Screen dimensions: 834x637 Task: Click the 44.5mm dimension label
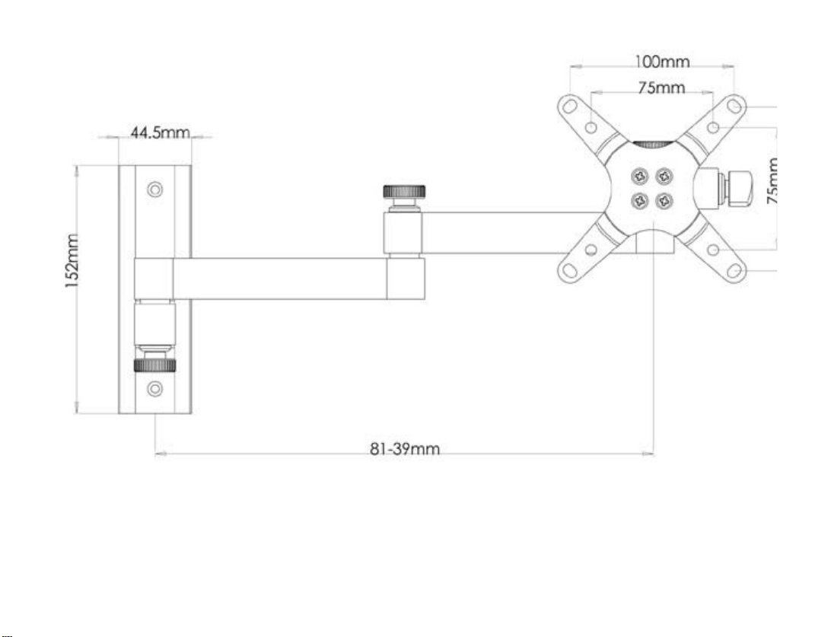click(x=160, y=132)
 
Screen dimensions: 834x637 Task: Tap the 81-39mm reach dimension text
click(x=405, y=449)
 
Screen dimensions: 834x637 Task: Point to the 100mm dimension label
click(x=662, y=62)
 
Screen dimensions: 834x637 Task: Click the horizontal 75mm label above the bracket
click(x=662, y=88)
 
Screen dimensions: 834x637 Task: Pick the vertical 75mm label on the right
click(x=773, y=181)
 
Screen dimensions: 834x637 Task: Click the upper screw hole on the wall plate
click(x=154, y=190)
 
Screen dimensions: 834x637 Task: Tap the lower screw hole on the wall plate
click(x=154, y=389)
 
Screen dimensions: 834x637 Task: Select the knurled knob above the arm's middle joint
click(x=404, y=192)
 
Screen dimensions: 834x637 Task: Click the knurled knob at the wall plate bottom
click(x=154, y=365)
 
